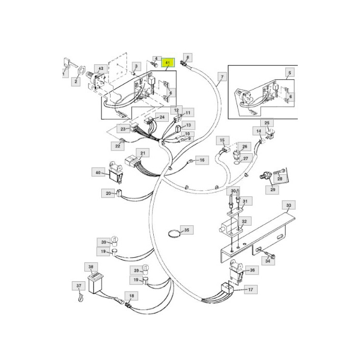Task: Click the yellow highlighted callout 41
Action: [x=168, y=62]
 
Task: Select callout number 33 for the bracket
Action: [x=289, y=205]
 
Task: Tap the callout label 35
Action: [x=187, y=230]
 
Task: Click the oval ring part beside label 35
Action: [x=174, y=234]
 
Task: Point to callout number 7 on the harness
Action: [x=222, y=77]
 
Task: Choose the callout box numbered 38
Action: [x=91, y=267]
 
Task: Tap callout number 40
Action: [x=98, y=172]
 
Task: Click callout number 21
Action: [x=142, y=153]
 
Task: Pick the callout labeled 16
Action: [x=202, y=160]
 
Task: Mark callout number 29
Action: [x=273, y=190]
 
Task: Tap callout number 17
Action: [x=251, y=290]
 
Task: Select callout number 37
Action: [x=79, y=286]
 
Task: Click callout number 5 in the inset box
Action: [x=290, y=73]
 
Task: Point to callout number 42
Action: [x=101, y=68]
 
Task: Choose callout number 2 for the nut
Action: [x=76, y=81]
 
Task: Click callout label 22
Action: [x=118, y=146]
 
